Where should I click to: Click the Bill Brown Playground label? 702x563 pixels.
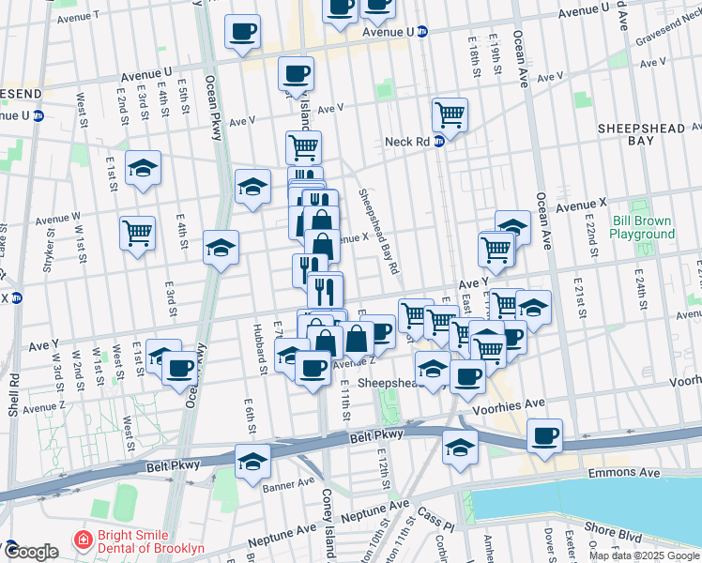point(644,227)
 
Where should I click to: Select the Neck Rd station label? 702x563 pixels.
point(407,142)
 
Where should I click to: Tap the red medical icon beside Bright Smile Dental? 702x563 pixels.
point(84,541)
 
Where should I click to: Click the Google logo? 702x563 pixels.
point(31,552)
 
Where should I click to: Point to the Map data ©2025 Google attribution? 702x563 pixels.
point(645,555)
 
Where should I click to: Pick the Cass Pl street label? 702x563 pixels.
point(435,514)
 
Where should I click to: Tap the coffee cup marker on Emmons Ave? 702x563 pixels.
point(544,436)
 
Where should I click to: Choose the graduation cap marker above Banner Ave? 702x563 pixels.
point(252,462)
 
